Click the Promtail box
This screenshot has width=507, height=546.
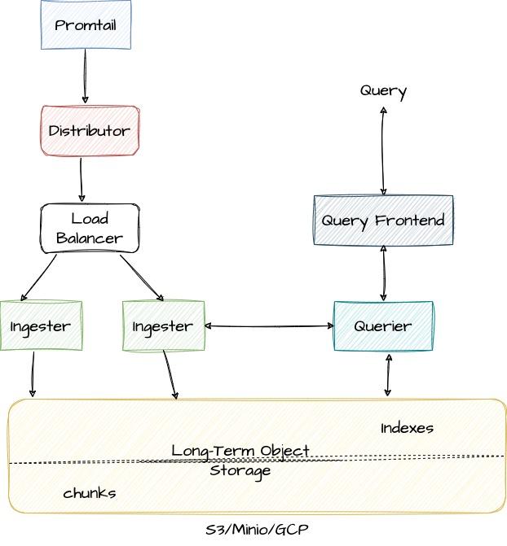pyautogui.click(x=86, y=25)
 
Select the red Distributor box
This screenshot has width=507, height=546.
pyautogui.click(x=90, y=130)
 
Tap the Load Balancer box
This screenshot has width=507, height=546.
pyautogui.click(x=90, y=229)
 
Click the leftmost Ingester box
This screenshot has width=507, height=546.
pyautogui.click(x=41, y=325)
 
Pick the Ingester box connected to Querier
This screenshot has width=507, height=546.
pyautogui.click(x=163, y=325)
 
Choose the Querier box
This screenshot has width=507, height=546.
pyautogui.click(x=383, y=325)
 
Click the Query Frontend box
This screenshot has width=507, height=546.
pyautogui.click(x=383, y=220)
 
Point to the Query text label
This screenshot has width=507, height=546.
pyautogui.click(x=383, y=90)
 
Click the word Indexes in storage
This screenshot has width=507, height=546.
pyautogui.click(x=407, y=428)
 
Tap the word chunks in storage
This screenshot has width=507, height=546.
pyautogui.click(x=89, y=493)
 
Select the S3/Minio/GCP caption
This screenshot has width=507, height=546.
pyautogui.click(x=257, y=530)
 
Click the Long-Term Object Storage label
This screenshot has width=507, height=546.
pyautogui.click(x=240, y=461)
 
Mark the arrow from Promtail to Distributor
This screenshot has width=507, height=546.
pyautogui.click(x=85, y=76)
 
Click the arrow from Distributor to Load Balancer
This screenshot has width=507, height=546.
pyautogui.click(x=81, y=179)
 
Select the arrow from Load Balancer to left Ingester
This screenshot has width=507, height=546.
pyautogui.click(x=38, y=277)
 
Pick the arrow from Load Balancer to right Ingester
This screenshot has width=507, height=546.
pyautogui.click(x=142, y=277)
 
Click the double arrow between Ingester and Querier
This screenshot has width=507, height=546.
pyautogui.click(x=269, y=326)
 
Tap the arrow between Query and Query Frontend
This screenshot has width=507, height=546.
pyautogui.click(x=383, y=151)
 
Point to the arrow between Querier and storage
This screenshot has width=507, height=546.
pyautogui.click(x=388, y=375)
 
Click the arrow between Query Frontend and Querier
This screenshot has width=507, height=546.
pyautogui.click(x=383, y=273)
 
